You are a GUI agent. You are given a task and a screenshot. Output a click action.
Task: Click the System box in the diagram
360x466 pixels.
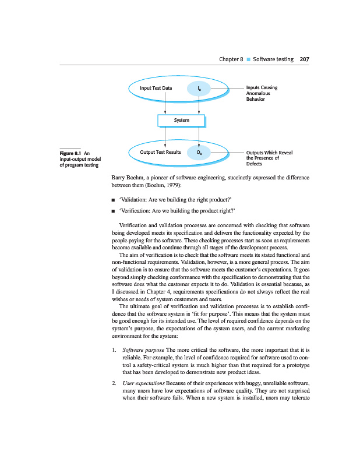[181, 121]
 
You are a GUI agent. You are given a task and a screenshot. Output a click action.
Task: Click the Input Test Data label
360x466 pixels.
[156, 89]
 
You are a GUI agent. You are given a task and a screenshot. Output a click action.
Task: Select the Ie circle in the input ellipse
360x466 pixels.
[200, 89]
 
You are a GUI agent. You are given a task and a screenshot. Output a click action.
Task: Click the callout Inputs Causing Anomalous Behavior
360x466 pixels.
[262, 93]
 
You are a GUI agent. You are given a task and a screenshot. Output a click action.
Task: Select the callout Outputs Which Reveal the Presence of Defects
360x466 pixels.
[269, 158]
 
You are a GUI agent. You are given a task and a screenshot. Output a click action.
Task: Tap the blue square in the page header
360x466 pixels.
[248, 59]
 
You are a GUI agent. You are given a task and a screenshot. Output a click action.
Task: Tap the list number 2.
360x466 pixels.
[113, 385]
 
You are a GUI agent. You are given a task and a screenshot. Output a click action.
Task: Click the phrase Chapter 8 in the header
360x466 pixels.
[231, 59]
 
